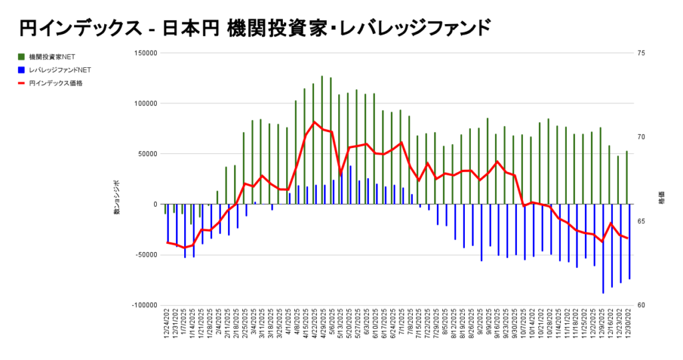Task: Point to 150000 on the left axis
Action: tap(145, 53)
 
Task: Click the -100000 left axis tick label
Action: tap(143, 305)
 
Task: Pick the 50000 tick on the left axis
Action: tap(147, 154)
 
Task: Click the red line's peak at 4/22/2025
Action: tap(314, 122)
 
